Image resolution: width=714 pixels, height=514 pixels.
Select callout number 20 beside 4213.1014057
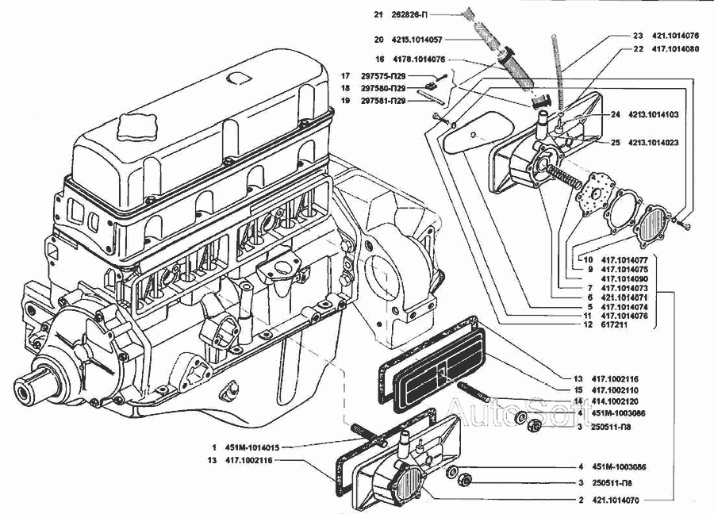point(380,39)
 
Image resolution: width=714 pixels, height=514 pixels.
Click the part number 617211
point(617,324)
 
